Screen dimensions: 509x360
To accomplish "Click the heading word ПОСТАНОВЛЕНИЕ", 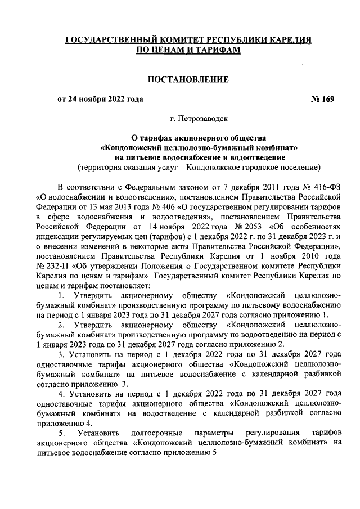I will click(x=188, y=80).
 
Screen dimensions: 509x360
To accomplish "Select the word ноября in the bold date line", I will click(x=95, y=100).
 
